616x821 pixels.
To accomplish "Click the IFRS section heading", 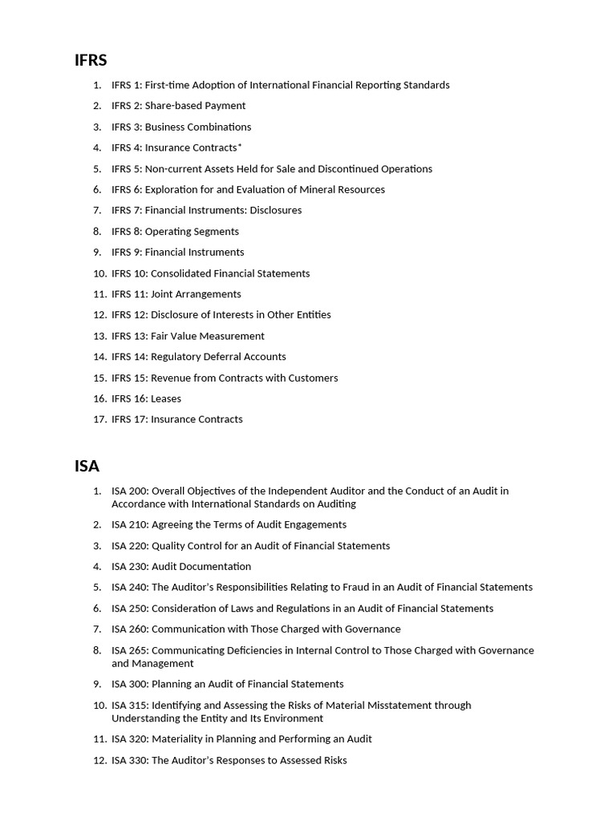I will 91,60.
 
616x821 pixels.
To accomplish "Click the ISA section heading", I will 87,466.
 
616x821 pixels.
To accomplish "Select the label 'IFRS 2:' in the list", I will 127,106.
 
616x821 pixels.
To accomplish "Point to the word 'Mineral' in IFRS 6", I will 323,190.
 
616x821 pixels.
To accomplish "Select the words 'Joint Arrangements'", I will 196,294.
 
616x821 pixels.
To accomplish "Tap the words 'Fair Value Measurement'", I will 207,336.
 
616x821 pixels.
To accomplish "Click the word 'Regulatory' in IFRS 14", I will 177,357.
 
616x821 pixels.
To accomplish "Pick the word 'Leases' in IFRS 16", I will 166,398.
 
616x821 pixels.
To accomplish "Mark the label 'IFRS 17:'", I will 129,419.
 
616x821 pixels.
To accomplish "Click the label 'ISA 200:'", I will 129,491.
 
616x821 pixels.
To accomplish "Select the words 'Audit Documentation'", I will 201,567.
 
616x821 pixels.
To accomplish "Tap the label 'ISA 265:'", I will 129,650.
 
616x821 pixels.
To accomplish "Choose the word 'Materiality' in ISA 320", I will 178,739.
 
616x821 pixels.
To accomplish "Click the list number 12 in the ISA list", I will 99,760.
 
